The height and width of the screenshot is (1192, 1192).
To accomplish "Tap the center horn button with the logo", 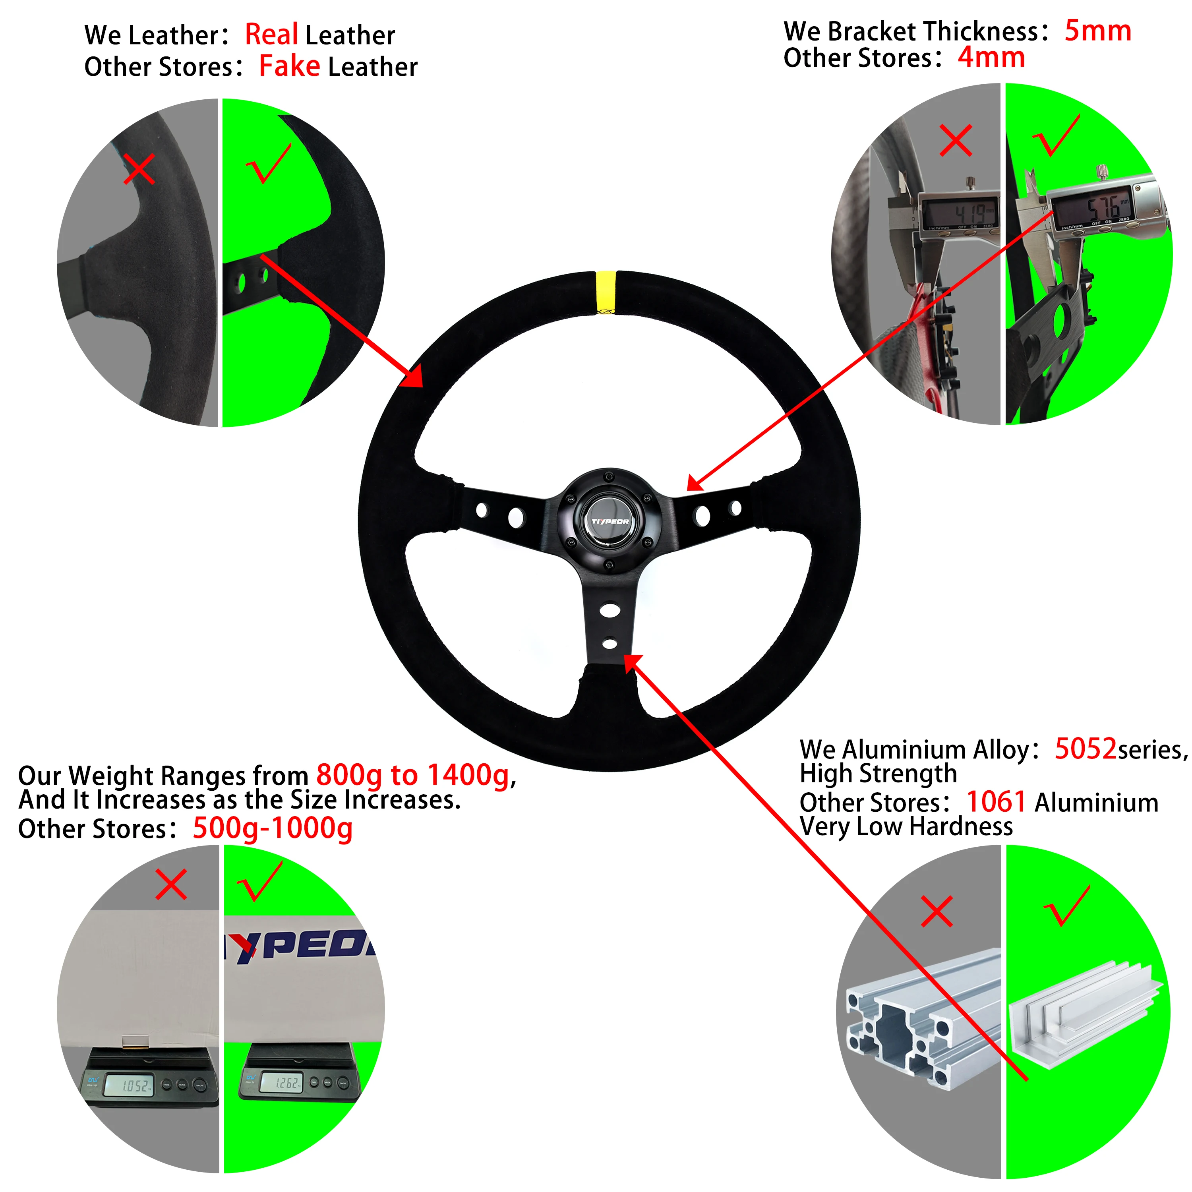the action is tap(609, 521).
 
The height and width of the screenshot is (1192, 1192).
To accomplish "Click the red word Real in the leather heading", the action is tap(271, 35).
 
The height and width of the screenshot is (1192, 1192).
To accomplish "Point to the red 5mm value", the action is tap(1097, 31).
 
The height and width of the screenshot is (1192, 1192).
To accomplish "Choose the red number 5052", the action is tap(1085, 749).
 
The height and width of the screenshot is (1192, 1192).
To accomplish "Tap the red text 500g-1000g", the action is tap(272, 828).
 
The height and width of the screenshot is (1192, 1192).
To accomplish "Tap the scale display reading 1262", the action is tap(284, 1083).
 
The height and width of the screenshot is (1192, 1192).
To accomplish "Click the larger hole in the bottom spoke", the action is tap(609, 611).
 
